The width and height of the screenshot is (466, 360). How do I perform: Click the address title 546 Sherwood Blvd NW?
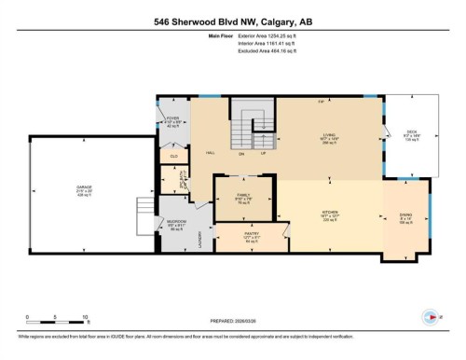click(x=232, y=18)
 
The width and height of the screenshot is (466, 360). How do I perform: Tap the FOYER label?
click(x=172, y=118)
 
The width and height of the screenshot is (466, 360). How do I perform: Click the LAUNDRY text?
click(x=203, y=239)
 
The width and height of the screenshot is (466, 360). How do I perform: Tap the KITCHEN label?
click(x=328, y=212)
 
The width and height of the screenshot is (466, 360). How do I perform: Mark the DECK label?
click(x=412, y=132)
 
